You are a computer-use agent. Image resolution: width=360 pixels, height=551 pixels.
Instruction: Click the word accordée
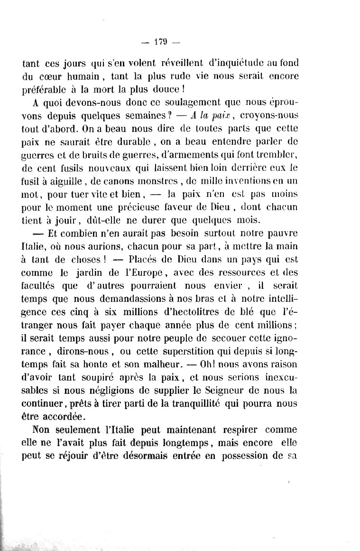click(x=64, y=417)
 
